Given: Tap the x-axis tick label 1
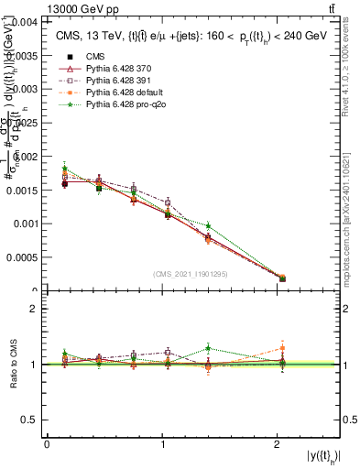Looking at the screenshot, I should pyautogui.click(x=162, y=444).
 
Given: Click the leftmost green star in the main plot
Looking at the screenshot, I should pyautogui.click(x=64, y=168).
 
